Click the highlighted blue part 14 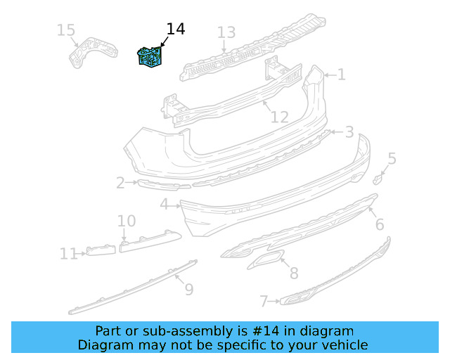coord(150,56)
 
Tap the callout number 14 coord(175,29)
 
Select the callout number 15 coord(65,30)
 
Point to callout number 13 coord(226,32)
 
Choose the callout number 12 coord(280,117)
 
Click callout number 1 coord(341,75)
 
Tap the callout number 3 coord(349,131)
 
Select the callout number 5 coord(392,159)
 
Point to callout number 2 coord(120,184)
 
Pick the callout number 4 coord(164,205)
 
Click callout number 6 coord(379,224)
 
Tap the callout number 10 coord(127,221)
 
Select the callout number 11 coord(68,253)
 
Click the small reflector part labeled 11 coord(101,250)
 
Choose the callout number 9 coord(188,288)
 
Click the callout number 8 coord(293,274)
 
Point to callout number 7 coord(264,302)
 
